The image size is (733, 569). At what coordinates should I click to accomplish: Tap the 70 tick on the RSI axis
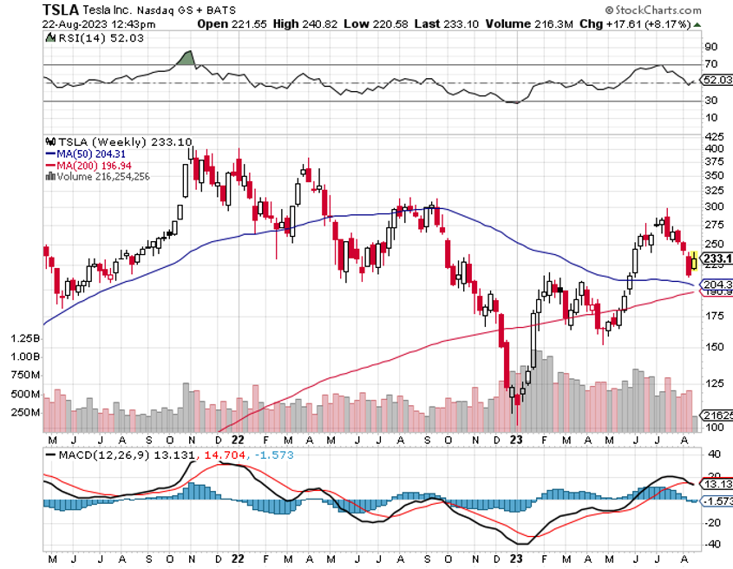coord(710,65)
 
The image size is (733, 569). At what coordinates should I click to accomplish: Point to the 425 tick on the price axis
coord(713,137)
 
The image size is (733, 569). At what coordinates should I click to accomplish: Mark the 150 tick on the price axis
coord(713,347)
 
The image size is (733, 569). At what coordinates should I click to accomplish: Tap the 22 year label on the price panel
coord(238,438)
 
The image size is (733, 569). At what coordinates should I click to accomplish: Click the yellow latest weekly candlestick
coord(694,259)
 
